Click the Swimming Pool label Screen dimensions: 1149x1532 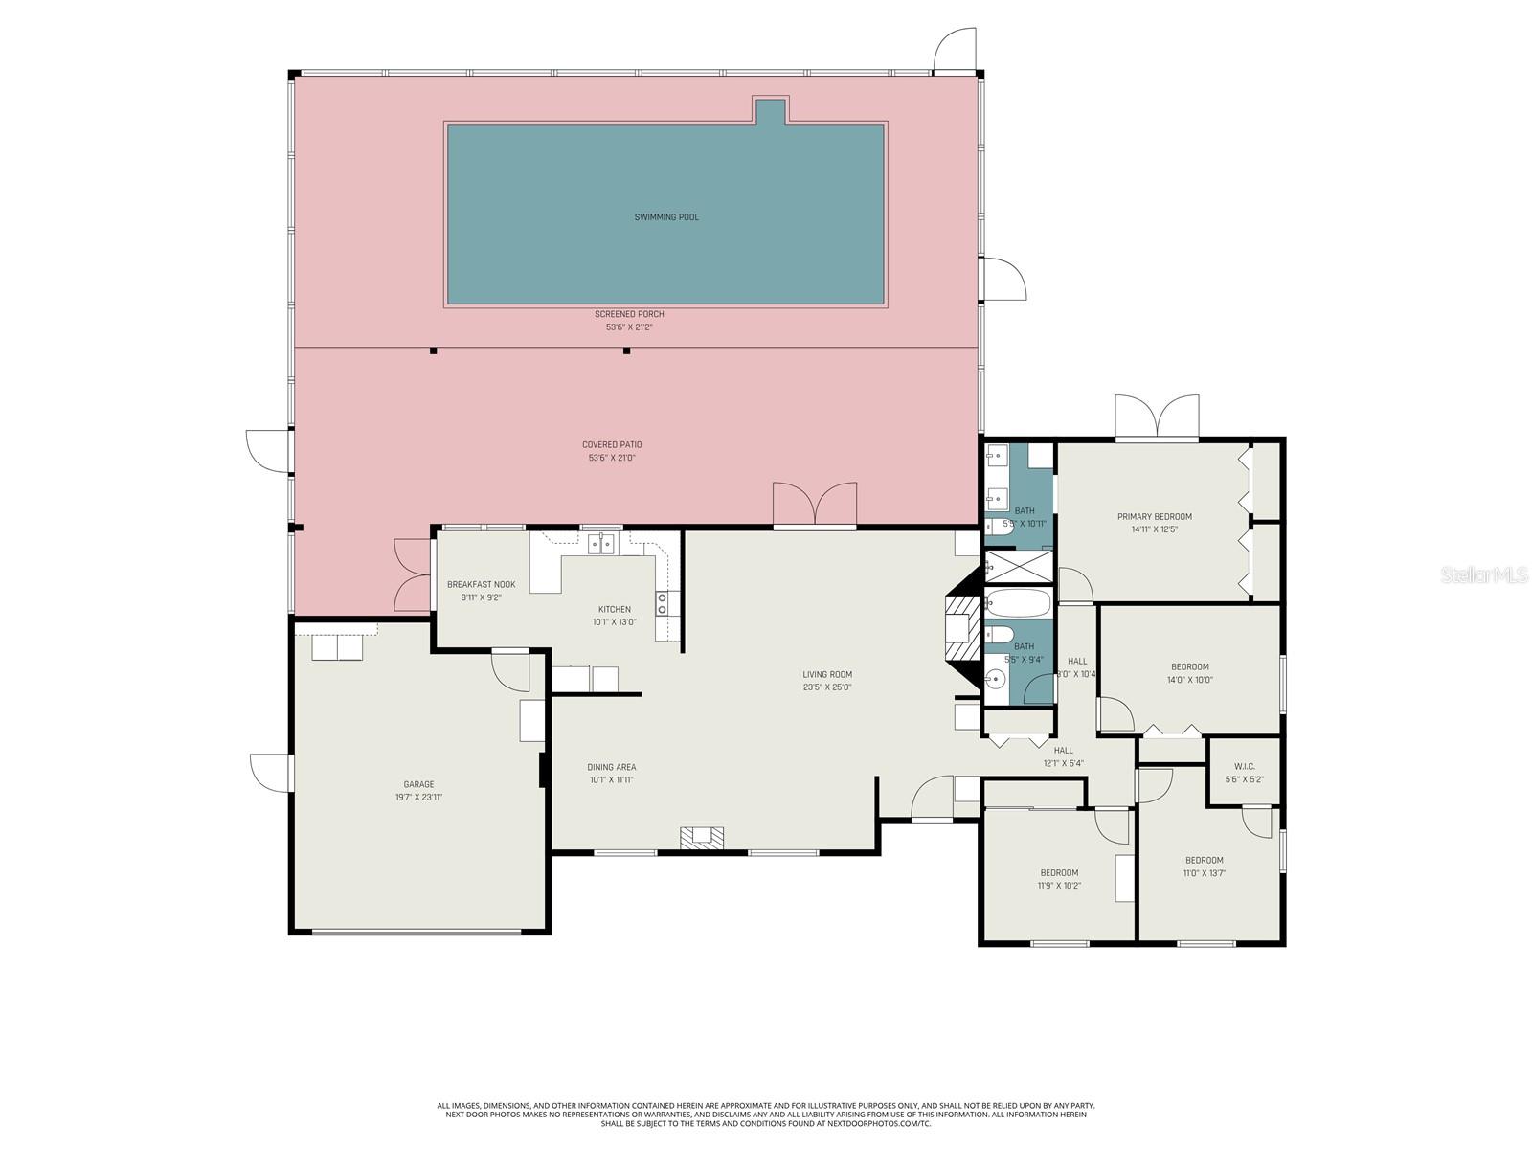coord(666,217)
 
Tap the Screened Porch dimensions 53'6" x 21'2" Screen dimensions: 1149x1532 coord(628,327)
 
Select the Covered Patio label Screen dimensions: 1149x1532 coord(612,444)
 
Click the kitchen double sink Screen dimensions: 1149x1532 coord(601,544)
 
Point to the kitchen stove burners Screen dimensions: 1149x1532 coord(662,602)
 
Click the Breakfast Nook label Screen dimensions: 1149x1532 coord(481,584)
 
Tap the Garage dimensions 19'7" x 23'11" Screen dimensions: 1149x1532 coord(418,797)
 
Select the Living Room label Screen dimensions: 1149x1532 coord(827,674)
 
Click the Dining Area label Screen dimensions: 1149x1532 coord(611,767)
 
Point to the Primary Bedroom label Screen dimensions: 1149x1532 coord(1154,517)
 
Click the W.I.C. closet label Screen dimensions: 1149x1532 coord(1244,766)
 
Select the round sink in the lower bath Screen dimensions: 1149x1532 coord(997,681)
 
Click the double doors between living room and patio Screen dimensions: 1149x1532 coord(815,505)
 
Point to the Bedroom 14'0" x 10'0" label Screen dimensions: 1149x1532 coord(1189,667)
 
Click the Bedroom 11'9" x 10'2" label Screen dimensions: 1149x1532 coord(1059,872)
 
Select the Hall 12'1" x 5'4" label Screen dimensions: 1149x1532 coord(1063,751)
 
